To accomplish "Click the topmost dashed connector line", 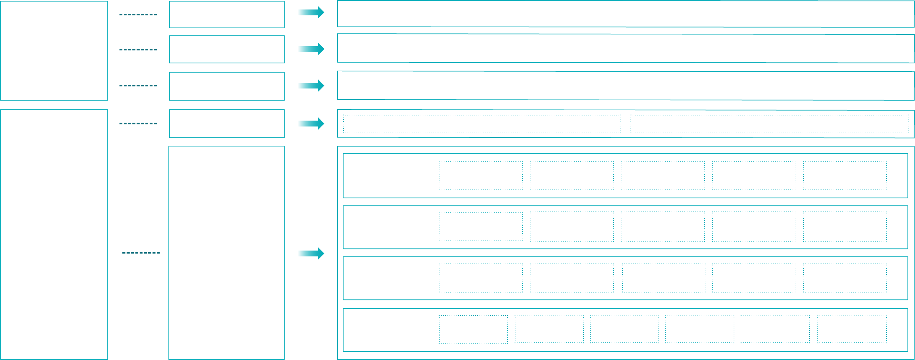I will click(138, 14).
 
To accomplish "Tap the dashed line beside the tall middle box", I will click(141, 253).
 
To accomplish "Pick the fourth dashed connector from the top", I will click(138, 124).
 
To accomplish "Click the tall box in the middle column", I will click(227, 253).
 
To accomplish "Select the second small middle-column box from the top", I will click(227, 49).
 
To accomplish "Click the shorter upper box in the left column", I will click(54, 51).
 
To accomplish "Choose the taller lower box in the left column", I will click(54, 234).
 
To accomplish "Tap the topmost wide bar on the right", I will click(625, 14).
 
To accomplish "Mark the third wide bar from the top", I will click(625, 85).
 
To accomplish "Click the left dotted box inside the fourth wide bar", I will click(482, 124).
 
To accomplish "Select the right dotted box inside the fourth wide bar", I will click(770, 124).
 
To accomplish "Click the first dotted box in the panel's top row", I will click(481, 175).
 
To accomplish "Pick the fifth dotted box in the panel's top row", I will click(845, 175).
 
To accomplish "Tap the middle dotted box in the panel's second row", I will click(663, 227).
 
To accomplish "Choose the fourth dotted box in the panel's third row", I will click(753, 278).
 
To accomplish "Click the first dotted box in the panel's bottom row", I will click(473, 329).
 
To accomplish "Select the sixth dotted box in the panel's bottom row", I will click(852, 329).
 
